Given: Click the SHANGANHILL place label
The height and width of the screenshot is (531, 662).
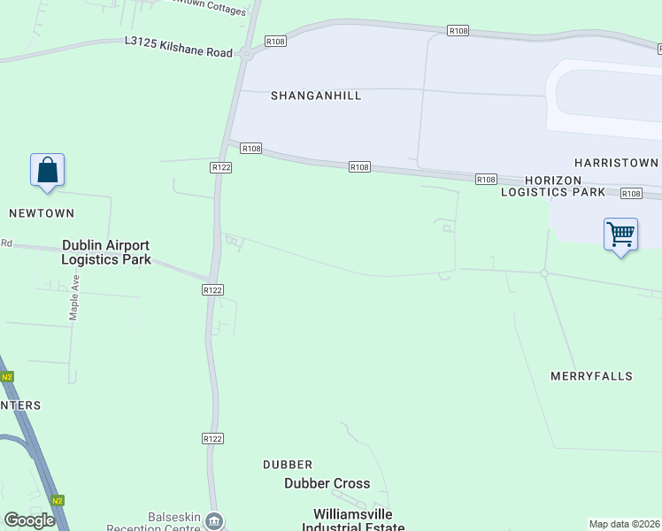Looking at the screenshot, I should tap(316, 96).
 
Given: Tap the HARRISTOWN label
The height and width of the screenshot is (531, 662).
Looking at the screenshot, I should tap(616, 163).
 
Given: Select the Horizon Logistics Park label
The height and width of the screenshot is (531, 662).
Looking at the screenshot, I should tap(553, 186).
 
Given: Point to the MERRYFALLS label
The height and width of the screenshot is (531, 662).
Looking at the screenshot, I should tap(592, 376).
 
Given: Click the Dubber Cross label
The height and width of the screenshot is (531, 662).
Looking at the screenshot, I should tap(327, 483).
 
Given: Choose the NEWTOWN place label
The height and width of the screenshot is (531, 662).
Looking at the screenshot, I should tap(42, 213).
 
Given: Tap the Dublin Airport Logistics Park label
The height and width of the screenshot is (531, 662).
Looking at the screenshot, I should tap(106, 252).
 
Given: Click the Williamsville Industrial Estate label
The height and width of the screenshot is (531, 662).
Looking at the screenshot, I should tap(353, 520).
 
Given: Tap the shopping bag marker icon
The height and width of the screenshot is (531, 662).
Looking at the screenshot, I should tap(47, 171).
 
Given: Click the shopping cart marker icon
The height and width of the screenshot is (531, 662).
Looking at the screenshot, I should tap(620, 235).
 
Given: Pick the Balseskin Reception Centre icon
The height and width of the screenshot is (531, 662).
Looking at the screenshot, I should tap(214, 520).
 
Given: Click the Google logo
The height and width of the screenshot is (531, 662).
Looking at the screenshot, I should tap(29, 520).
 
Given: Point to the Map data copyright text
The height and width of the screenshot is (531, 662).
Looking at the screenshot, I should tap(625, 524).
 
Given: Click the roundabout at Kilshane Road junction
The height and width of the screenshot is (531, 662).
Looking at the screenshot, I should tap(246, 54).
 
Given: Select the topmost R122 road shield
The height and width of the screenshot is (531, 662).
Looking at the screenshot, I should tap(221, 167).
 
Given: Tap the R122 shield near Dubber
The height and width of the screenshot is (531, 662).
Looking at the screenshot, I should tap(212, 438).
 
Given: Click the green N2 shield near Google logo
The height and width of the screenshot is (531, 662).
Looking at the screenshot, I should tap(58, 500).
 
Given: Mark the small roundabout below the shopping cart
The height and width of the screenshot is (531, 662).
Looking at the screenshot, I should tap(544, 273).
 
